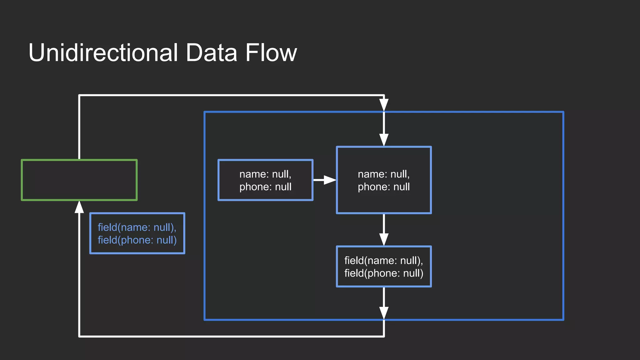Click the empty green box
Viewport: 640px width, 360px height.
click(x=79, y=180)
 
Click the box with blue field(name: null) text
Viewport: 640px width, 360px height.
click(x=137, y=233)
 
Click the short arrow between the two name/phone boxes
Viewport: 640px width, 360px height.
click(x=325, y=180)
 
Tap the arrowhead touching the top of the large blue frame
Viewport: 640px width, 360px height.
click(x=384, y=105)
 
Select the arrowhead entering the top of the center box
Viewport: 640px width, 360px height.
click(x=384, y=140)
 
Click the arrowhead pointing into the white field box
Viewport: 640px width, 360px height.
click(x=384, y=239)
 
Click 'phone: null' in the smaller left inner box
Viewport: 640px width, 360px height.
click(x=265, y=187)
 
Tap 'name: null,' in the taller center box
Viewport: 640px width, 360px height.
click(x=383, y=174)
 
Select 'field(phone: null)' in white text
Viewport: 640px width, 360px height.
click(x=384, y=273)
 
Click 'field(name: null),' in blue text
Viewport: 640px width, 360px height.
click(x=137, y=227)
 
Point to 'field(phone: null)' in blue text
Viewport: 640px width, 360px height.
click(x=137, y=240)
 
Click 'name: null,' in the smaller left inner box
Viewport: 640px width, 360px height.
click(x=265, y=174)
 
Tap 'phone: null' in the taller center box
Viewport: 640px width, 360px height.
click(x=383, y=187)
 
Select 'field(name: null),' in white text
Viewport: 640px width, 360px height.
click(x=383, y=260)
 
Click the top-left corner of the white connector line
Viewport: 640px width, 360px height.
click(x=79, y=95)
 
